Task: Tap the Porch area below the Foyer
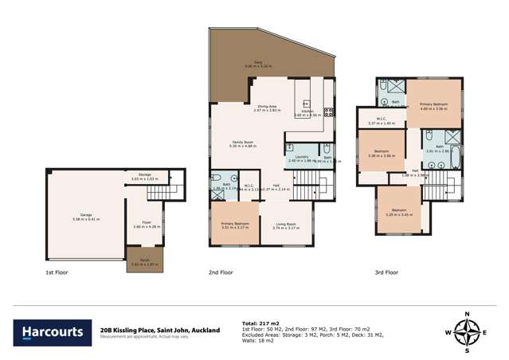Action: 145,259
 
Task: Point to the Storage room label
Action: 144,175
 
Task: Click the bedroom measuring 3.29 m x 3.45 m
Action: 404,212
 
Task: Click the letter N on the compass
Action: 468,312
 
